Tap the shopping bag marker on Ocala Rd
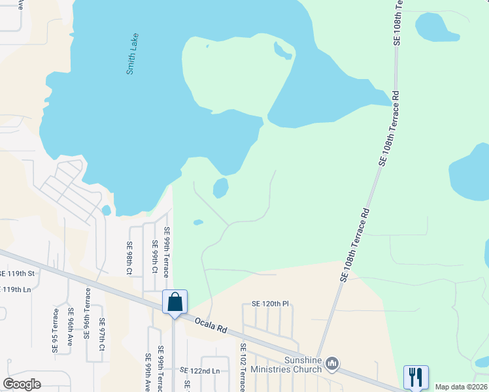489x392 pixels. point(175,302)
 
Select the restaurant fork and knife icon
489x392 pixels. point(416,376)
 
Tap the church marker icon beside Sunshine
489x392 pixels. point(332,362)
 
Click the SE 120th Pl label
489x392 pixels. point(270,304)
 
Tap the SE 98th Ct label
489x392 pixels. point(129,257)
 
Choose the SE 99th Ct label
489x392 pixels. point(155,257)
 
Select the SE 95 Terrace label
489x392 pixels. point(55,331)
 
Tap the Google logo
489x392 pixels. point(22,384)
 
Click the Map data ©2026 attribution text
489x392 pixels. point(461,387)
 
